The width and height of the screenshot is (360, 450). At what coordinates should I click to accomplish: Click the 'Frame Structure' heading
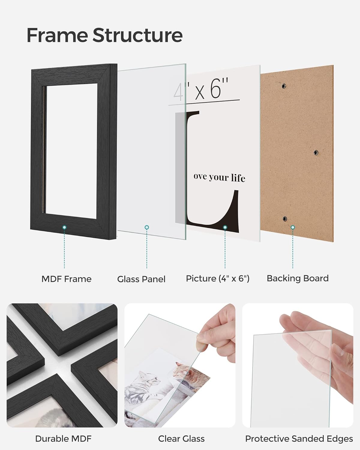click(104, 35)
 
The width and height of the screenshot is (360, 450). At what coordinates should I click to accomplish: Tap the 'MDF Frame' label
click(66, 279)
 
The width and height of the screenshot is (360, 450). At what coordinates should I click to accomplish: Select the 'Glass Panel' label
click(141, 279)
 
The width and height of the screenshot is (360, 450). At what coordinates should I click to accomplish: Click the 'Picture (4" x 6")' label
click(217, 278)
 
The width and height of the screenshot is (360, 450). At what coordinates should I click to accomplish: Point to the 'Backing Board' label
click(298, 278)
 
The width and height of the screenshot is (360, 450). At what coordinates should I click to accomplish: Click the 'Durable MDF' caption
click(63, 439)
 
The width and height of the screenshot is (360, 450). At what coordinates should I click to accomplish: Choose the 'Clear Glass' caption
click(181, 439)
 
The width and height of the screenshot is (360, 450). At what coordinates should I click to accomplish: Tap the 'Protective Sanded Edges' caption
click(299, 439)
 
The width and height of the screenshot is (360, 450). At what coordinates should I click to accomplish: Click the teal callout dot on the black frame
click(64, 228)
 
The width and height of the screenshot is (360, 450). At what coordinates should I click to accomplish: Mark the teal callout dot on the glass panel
click(147, 228)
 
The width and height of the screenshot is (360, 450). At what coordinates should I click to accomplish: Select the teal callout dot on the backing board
click(293, 228)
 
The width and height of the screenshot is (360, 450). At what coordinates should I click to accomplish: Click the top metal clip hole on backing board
click(284, 86)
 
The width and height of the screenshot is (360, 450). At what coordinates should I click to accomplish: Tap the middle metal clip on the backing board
click(316, 153)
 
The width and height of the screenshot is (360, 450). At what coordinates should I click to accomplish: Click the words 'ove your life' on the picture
click(219, 177)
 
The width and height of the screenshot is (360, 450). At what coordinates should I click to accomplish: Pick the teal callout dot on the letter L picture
click(225, 228)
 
